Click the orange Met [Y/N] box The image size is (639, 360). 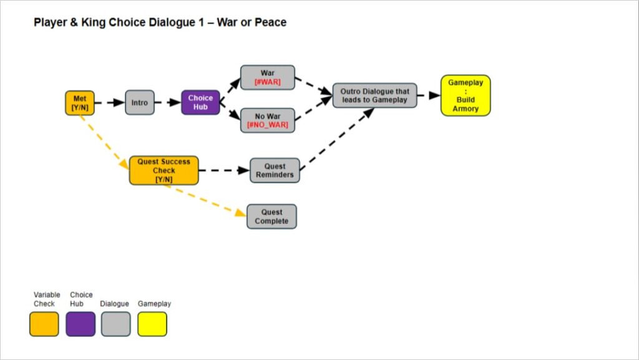click(79, 103)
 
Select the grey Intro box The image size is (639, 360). click(140, 103)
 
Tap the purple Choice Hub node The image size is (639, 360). click(200, 102)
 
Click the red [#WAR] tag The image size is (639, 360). click(268, 82)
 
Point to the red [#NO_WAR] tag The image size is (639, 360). click(268, 125)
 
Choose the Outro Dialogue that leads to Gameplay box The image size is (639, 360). click(374, 95)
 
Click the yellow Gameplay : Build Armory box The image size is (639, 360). click(466, 95)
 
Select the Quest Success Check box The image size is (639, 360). click(163, 170)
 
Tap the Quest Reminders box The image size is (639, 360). click(275, 170)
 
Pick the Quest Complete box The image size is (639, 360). click(271, 216)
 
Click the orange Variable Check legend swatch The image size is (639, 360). click(44, 324)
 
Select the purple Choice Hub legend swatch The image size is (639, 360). click(80, 324)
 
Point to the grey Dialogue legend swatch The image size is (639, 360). click(116, 324)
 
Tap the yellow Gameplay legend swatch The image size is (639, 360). click(152, 324)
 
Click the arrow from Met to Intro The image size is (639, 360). click(110, 103)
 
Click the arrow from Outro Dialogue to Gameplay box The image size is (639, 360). click(429, 95)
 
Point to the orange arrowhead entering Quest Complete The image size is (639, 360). click(241, 213)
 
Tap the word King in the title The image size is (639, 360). click(86, 22)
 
